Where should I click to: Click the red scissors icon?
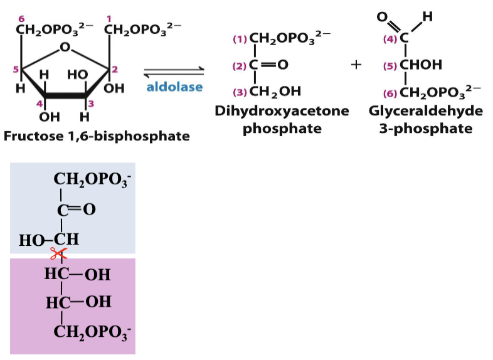pyautogui.click(x=59, y=253)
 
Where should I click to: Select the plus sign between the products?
pyautogui.click(x=356, y=65)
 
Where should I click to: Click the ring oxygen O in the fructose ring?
pyautogui.click(x=65, y=46)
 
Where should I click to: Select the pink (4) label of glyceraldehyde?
pyautogui.click(x=390, y=39)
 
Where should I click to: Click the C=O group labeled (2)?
pyautogui.click(x=268, y=65)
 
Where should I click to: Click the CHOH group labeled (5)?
pyautogui.click(x=421, y=65)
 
